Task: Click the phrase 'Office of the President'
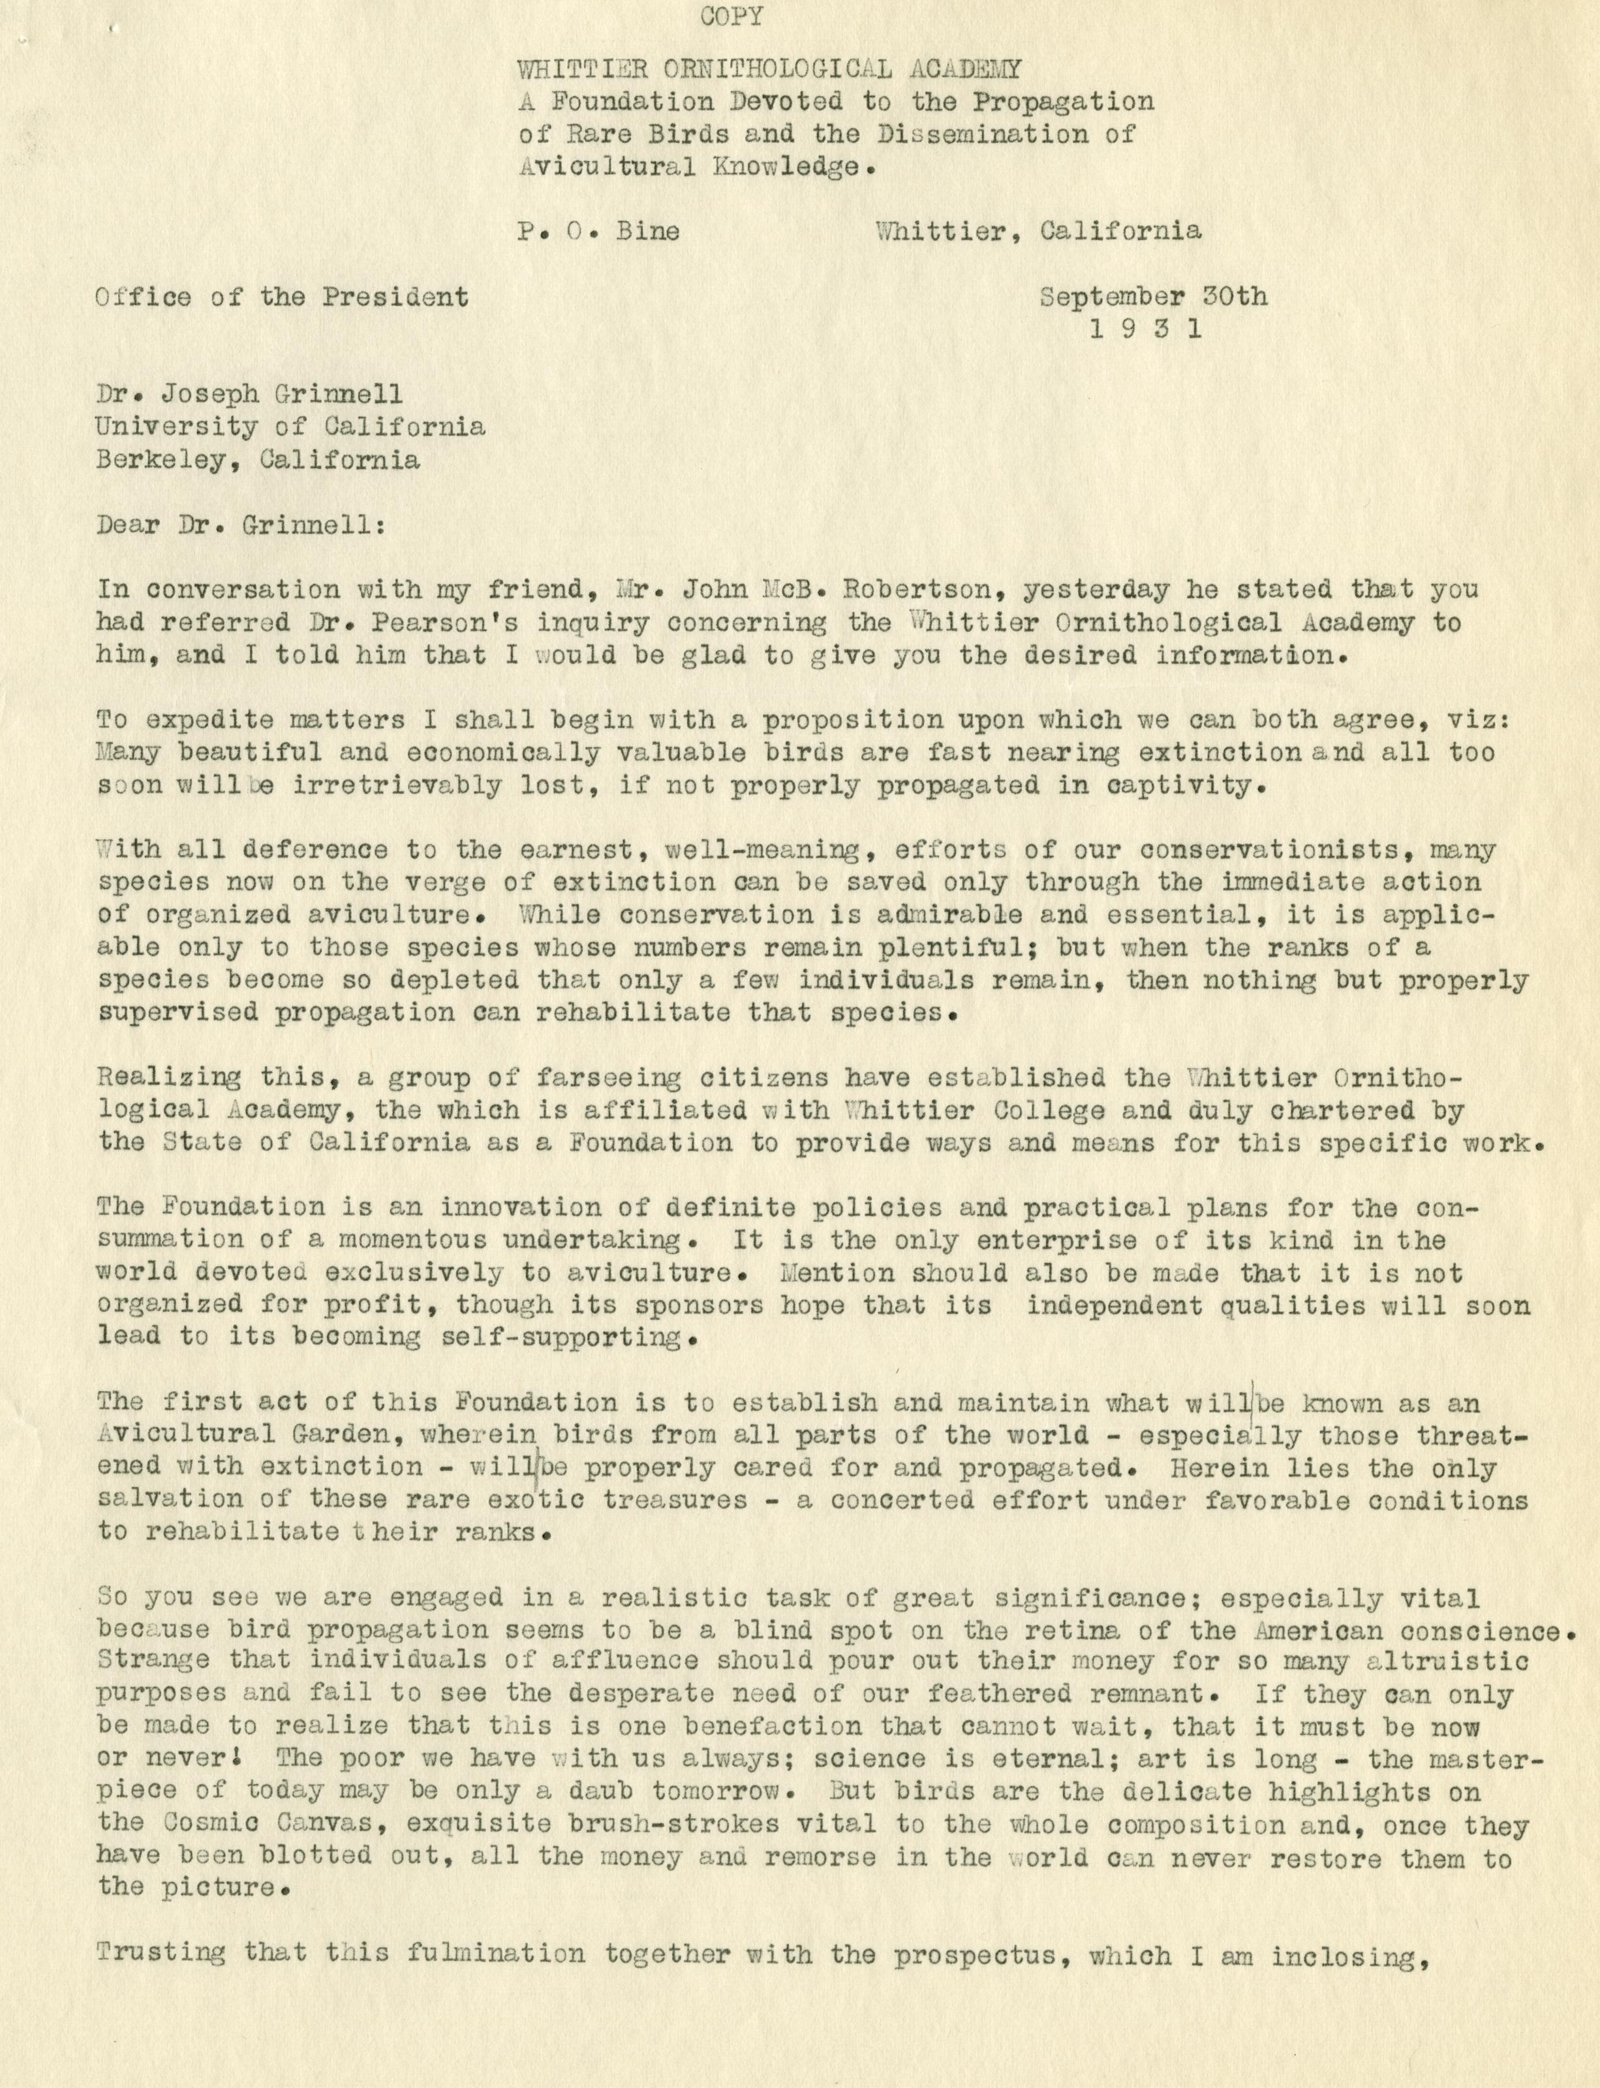(x=282, y=297)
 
